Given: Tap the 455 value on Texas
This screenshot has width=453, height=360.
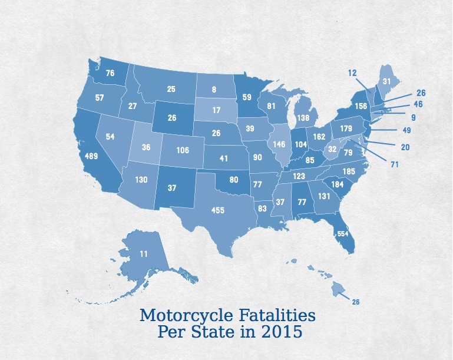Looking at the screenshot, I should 218,210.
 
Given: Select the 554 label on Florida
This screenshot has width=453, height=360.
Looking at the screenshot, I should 343,234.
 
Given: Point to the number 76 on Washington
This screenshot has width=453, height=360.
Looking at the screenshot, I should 110,74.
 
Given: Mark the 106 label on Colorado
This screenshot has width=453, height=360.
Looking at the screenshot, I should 183,150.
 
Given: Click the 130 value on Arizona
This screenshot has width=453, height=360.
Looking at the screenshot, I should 141,180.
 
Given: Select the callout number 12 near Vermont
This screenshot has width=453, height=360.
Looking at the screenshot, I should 353,72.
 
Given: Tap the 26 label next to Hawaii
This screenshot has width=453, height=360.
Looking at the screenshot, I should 355,302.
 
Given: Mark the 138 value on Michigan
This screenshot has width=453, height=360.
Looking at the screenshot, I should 303,118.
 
